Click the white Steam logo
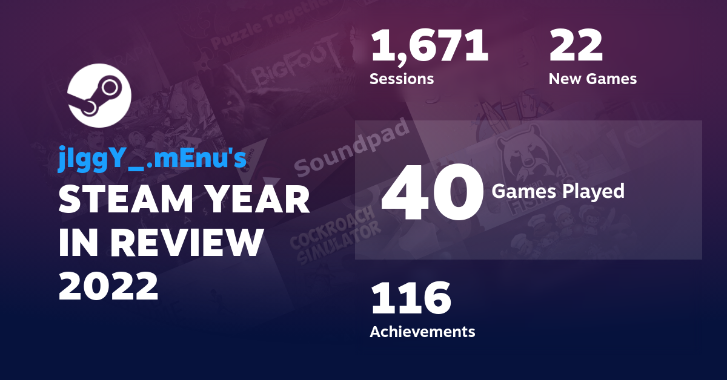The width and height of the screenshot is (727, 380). point(99,96)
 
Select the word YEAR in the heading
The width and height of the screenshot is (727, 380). point(255,200)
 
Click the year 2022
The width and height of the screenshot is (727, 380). point(108,285)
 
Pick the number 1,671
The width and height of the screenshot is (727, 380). point(429,47)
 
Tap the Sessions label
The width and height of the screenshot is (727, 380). point(401,79)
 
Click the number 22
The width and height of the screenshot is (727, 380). point(576,47)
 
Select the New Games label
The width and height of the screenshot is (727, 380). point(592,79)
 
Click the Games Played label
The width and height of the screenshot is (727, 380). point(557,191)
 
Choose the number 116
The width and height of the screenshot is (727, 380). point(411,299)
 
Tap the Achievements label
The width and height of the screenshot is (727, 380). point(422,332)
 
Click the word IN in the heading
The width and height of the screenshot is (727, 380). point(78,243)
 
